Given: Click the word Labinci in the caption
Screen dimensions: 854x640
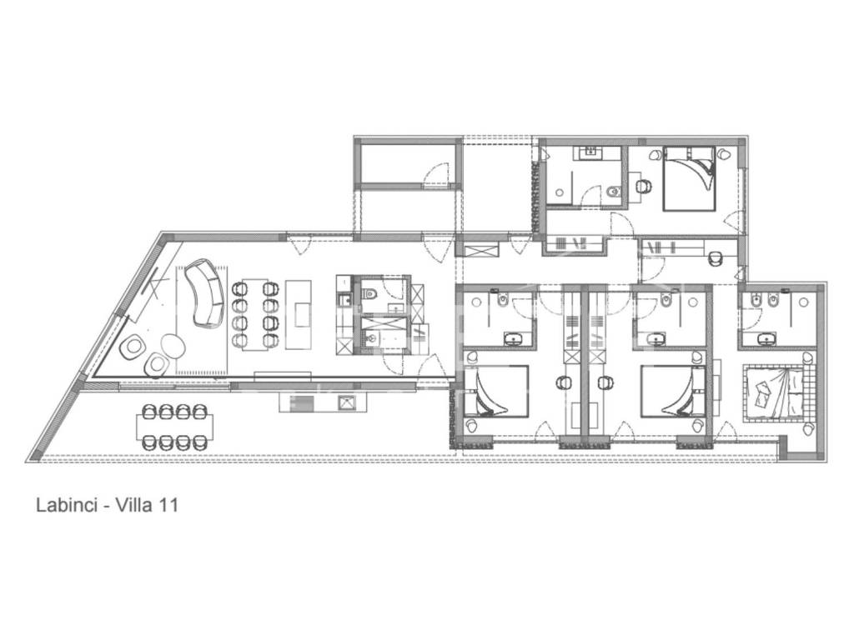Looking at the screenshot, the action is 66,505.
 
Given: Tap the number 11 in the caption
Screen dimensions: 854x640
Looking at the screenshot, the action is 168,505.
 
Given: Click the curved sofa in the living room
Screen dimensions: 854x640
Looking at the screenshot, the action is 205,292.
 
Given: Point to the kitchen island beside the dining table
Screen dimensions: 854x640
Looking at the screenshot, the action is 299,314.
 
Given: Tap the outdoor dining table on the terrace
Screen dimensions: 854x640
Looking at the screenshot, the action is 174,427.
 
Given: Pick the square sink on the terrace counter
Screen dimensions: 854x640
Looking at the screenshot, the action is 346,402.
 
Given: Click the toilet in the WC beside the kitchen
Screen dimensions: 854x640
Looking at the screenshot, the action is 370,292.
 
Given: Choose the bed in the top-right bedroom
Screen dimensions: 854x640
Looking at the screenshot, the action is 688,178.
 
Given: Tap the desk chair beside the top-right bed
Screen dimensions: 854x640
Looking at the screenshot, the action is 644,186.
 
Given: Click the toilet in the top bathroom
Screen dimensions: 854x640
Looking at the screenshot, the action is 614,192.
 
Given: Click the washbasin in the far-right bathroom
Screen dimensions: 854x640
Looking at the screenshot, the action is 767,340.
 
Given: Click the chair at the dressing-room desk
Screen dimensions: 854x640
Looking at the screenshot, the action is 715,258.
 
